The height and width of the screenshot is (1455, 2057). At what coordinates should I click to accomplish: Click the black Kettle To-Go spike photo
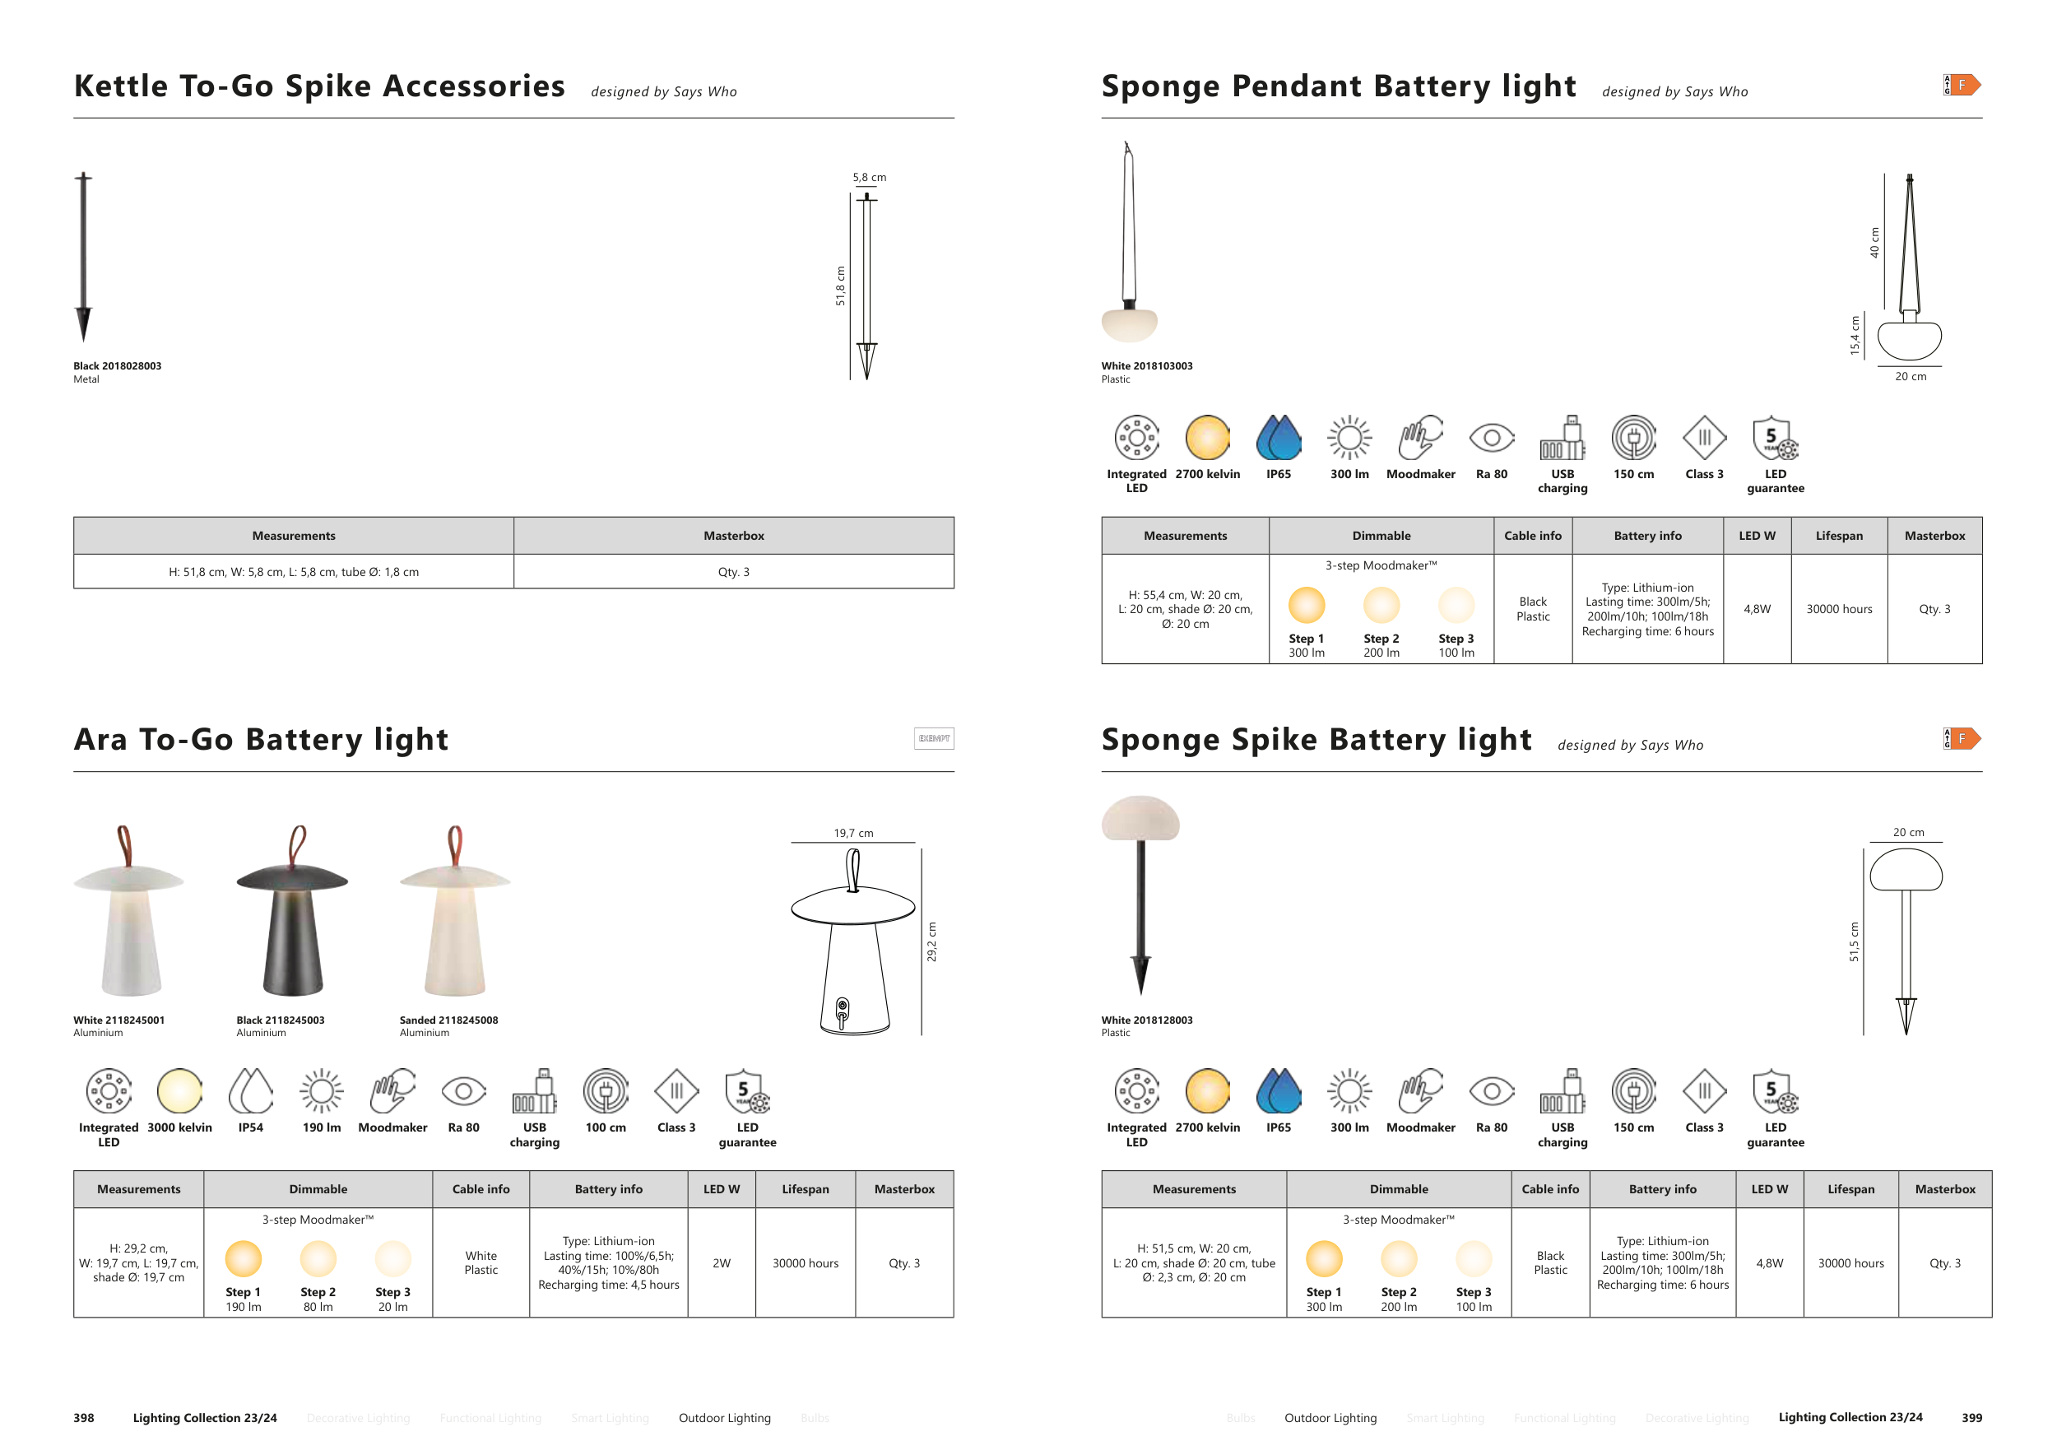tap(83, 255)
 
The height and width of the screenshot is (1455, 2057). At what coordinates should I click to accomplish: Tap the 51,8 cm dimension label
tap(840, 286)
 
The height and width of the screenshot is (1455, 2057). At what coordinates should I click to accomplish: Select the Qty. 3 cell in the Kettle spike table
tap(733, 572)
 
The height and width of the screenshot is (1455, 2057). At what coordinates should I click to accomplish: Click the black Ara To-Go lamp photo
tap(292, 923)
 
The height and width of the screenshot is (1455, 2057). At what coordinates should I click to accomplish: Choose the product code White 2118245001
tap(118, 1020)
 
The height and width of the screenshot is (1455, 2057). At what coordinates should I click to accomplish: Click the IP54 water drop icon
tap(251, 1090)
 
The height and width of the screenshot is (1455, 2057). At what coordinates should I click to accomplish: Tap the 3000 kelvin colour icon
tap(179, 1090)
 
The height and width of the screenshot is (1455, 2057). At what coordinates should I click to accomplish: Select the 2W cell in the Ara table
tap(722, 1263)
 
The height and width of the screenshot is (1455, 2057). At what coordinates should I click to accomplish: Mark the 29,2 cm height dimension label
tap(931, 941)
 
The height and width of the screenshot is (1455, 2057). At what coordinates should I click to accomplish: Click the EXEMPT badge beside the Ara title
tap(934, 738)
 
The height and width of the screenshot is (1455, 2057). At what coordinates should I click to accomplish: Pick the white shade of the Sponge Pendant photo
tap(1129, 325)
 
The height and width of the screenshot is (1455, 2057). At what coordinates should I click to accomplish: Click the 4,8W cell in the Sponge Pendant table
tap(1757, 609)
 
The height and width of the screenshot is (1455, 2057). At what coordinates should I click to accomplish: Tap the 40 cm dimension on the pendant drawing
tap(1874, 243)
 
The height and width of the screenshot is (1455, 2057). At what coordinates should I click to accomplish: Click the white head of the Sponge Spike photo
tap(1140, 818)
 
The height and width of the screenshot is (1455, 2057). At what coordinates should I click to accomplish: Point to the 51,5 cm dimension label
tap(1854, 941)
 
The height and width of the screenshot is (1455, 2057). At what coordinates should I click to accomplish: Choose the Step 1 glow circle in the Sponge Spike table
tap(1323, 1259)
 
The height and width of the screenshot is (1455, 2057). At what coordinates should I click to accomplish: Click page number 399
tap(1971, 1417)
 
